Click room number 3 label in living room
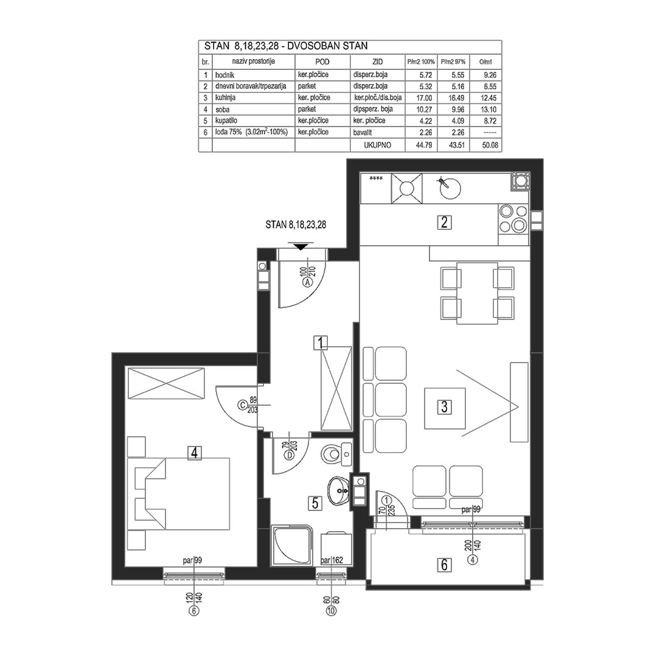click(445, 406)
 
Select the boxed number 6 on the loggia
click(445, 565)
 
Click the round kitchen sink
click(450, 188)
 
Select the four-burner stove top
click(513, 219)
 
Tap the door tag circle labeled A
click(308, 282)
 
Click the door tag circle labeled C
click(242, 405)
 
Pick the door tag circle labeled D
click(289, 455)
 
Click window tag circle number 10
click(331, 611)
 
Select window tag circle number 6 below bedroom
click(194, 611)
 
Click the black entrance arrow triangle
click(301, 246)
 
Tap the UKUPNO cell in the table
click(378, 145)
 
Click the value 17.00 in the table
click(425, 97)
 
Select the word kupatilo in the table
click(226, 120)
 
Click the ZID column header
click(378, 61)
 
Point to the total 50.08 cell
click(490, 145)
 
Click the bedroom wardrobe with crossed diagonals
click(166, 383)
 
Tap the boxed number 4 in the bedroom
click(194, 453)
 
